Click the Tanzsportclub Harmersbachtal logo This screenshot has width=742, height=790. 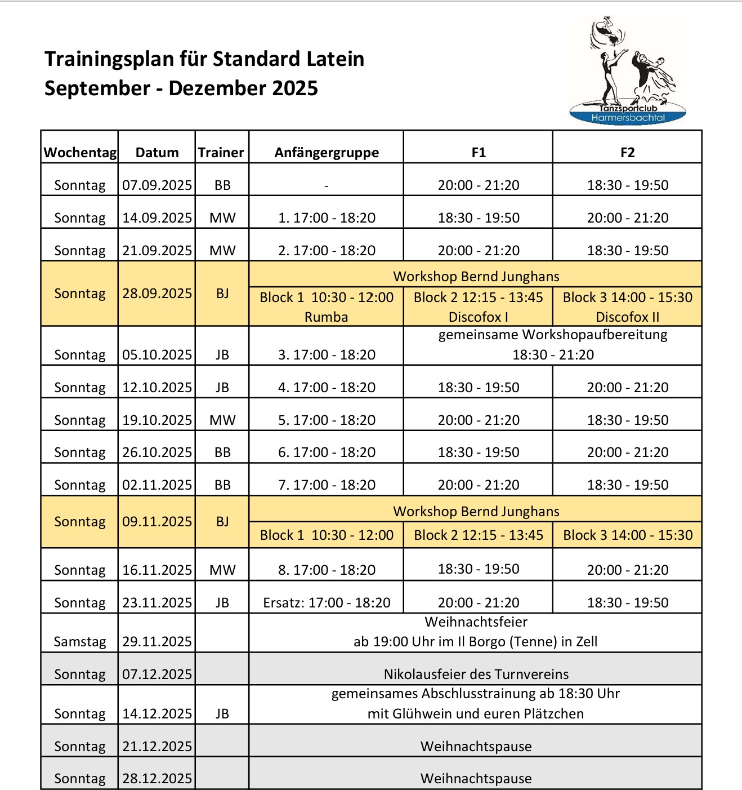click(x=627, y=70)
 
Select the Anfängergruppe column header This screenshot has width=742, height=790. click(x=327, y=152)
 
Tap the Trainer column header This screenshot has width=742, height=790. click(x=221, y=152)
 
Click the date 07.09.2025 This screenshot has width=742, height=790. click(x=157, y=185)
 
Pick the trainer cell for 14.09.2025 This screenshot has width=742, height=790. click(x=222, y=218)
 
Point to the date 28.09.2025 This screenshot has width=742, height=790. click(x=157, y=294)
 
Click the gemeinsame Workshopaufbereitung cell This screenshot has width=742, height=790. click(x=553, y=344)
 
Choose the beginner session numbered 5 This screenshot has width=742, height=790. click(x=327, y=420)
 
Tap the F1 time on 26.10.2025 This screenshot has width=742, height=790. click(x=479, y=452)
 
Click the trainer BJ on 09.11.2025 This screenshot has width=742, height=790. click(x=222, y=522)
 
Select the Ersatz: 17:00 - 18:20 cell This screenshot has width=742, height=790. click(x=327, y=603)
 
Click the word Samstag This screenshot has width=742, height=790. click(x=80, y=642)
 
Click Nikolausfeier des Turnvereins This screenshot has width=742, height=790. click(x=476, y=674)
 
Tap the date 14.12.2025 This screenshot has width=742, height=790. click(x=157, y=714)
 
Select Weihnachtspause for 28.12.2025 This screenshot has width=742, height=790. click(x=476, y=779)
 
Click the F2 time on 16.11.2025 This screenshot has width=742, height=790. click(x=627, y=570)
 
